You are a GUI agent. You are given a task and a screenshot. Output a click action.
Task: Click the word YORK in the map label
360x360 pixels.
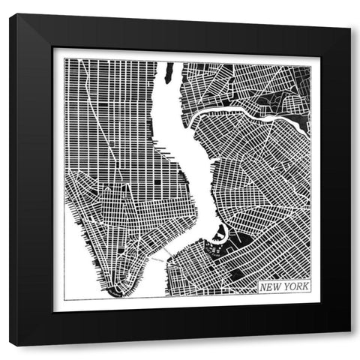296,286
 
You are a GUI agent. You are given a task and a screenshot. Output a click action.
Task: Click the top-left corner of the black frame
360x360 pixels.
10,14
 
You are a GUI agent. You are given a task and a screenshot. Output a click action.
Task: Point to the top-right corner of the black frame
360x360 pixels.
349,14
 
